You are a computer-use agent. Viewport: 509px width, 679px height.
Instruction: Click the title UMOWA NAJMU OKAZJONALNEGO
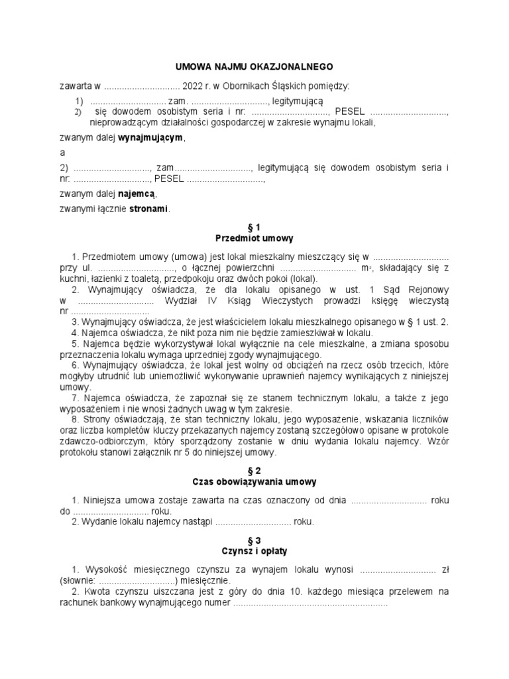pyautogui.click(x=254, y=67)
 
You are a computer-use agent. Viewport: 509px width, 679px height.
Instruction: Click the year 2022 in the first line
pyautogui.click(x=193, y=86)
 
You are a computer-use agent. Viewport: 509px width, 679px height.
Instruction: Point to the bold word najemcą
pyautogui.click(x=137, y=194)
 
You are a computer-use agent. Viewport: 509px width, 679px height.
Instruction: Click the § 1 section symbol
pyautogui.click(x=254, y=227)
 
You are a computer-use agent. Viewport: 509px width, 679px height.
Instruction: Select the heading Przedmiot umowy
pyautogui.click(x=254, y=237)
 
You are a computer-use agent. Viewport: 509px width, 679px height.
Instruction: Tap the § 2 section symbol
pyautogui.click(x=254, y=470)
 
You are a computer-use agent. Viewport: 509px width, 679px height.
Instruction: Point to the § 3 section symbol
pyautogui.click(x=254, y=541)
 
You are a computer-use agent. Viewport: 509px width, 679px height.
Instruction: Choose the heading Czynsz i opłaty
pyautogui.click(x=254, y=551)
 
